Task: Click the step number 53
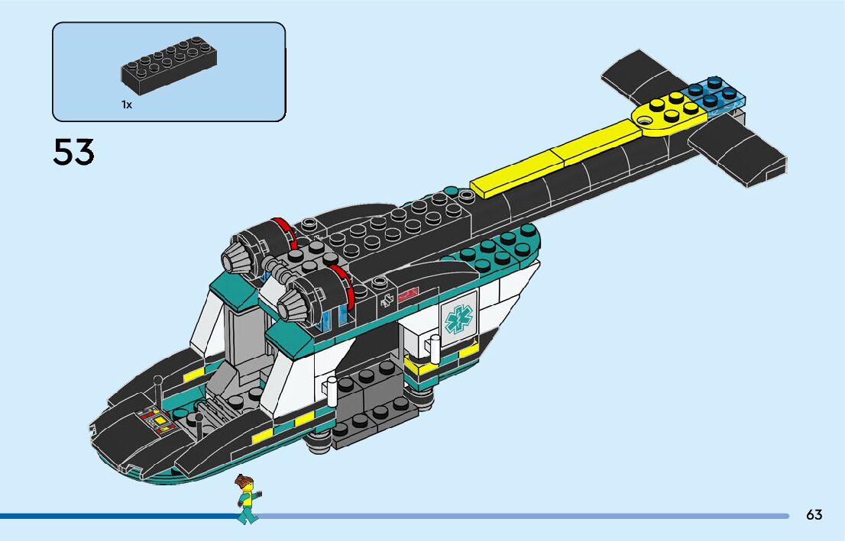[73, 152]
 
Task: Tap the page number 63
[814, 515]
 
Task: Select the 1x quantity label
[126, 105]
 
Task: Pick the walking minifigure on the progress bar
[247, 499]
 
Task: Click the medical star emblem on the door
[458, 318]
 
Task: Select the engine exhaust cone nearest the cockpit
[291, 305]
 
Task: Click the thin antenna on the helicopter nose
[157, 390]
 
